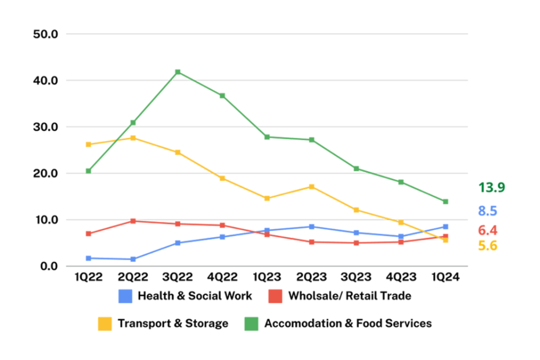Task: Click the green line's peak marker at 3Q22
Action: tap(178, 72)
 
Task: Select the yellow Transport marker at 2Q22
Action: tap(133, 138)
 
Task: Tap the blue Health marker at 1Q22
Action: tap(88, 258)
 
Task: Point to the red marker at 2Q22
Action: tap(133, 221)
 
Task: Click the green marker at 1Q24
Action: tap(445, 201)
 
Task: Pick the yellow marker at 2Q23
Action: tap(312, 186)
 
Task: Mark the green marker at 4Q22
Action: tap(222, 95)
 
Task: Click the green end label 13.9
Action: tap(491, 188)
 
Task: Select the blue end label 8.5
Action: tap(488, 211)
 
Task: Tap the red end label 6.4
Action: tap(488, 230)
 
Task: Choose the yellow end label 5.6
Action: tap(488, 246)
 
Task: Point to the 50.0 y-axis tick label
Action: tap(46, 34)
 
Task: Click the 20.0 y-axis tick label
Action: tap(46, 173)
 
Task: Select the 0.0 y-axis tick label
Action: tap(49, 266)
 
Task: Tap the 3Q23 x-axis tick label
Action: tap(356, 278)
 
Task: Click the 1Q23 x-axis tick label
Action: tap(267, 278)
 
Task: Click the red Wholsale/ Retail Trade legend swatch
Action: tap(275, 296)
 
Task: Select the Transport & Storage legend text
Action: tap(173, 323)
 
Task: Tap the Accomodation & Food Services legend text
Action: tap(348, 323)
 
